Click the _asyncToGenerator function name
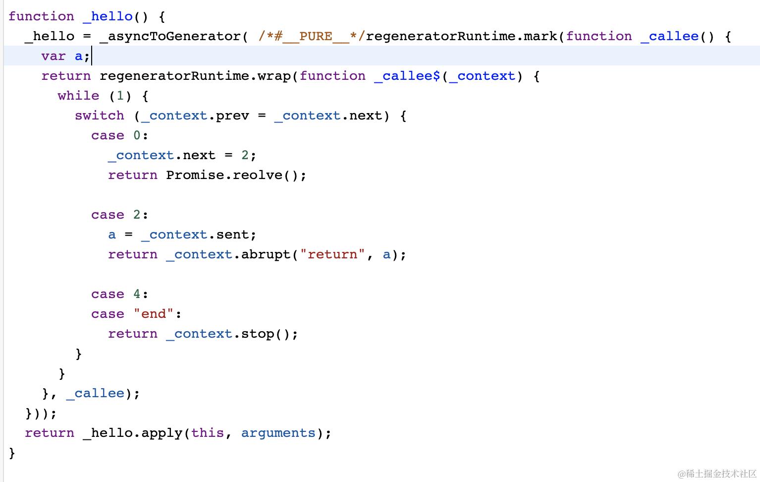tap(170, 36)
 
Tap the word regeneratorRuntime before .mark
tap(441, 36)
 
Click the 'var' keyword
tap(54, 56)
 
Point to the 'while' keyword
tap(78, 95)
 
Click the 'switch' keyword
tap(100, 116)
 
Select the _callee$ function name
tap(407, 76)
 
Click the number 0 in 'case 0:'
tap(137, 135)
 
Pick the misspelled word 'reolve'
tap(258, 175)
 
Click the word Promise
tap(195, 175)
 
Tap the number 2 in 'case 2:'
tap(137, 215)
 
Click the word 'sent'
tap(233, 235)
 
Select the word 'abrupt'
tap(266, 254)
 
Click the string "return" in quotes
tap(332, 254)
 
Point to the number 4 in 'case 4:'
tap(137, 294)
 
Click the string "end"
tap(154, 313)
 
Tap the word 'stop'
tap(258, 334)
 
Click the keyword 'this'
tap(208, 433)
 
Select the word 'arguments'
tap(278, 433)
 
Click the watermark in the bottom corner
tap(717, 473)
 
